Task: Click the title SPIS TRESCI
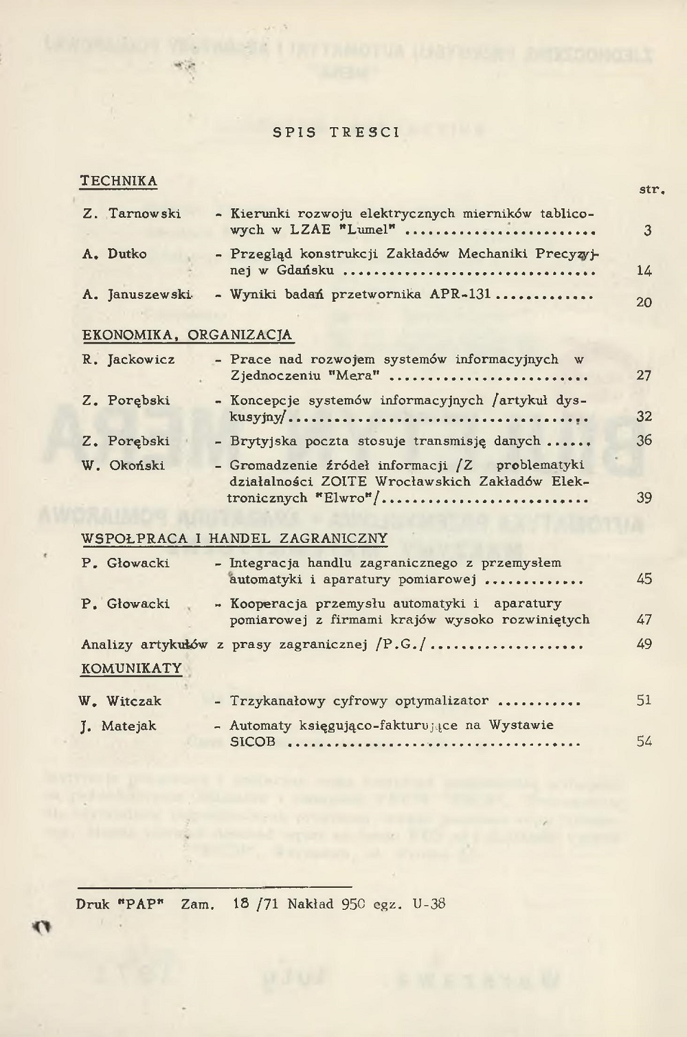pos(336,133)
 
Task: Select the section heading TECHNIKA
pos(119,181)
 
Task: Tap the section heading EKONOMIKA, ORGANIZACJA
pos(188,335)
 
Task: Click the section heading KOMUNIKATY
pos(132,669)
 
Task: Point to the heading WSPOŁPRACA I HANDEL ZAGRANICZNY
pos(234,539)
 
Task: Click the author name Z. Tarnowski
pos(131,214)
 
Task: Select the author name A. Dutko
pos(114,254)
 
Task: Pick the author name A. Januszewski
pos(137,295)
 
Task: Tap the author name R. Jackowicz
pos(128,359)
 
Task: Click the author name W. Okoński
pos(124,466)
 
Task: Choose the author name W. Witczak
pos(120,702)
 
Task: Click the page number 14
pos(644,271)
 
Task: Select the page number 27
pos(644,375)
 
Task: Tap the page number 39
pos(644,498)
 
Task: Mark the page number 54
pos(644,741)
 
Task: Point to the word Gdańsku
pos(306,271)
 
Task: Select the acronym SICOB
pos(253,742)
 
